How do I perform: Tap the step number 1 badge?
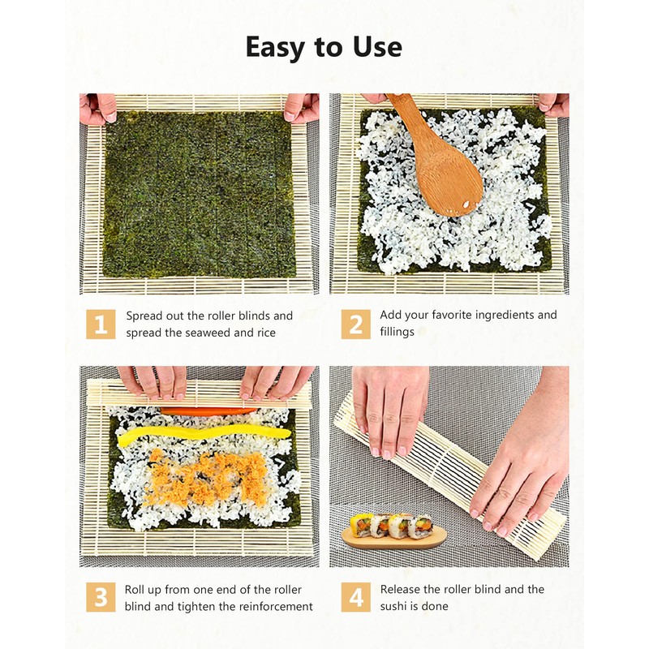click(101, 324)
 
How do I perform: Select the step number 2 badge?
click(355, 324)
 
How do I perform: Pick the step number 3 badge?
click(101, 598)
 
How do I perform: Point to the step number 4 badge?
click(355, 598)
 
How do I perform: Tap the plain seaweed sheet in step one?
click(199, 195)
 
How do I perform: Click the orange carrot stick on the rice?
click(208, 411)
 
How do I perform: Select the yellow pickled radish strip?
click(203, 436)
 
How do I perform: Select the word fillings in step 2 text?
click(398, 332)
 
